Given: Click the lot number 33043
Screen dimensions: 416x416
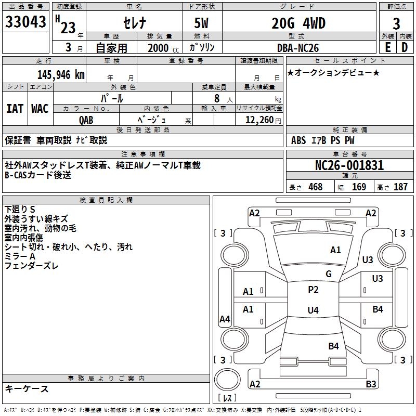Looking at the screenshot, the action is pos(25,23).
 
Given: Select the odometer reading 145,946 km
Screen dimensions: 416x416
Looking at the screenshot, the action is pos(61,75).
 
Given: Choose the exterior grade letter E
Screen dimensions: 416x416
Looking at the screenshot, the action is pos(387,47).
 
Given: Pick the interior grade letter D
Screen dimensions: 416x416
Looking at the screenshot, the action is pos(405,47).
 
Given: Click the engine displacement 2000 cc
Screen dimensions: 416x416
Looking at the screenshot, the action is pos(162,48).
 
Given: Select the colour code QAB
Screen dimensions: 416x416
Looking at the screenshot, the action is pos(86,120).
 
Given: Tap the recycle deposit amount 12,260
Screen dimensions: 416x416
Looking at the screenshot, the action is pos(257,120).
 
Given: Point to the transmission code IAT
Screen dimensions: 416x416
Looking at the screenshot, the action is pos(15,109).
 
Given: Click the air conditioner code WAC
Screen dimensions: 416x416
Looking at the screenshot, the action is pos(40,109).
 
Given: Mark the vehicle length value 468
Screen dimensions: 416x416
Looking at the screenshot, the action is pos(315,187).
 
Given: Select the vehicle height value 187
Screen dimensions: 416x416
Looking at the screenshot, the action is pos(400,187).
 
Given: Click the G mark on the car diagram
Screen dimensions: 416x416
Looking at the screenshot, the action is pos(329,274).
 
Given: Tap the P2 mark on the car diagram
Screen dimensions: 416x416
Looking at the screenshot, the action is pos(313,290).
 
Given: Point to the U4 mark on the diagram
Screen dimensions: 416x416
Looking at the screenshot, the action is pos(313,310).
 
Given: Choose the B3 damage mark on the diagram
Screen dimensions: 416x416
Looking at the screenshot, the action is pos(371,384).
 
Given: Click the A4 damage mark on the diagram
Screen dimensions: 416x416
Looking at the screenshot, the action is pos(225,320).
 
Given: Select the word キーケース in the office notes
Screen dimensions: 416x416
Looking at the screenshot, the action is pos(27,388).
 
